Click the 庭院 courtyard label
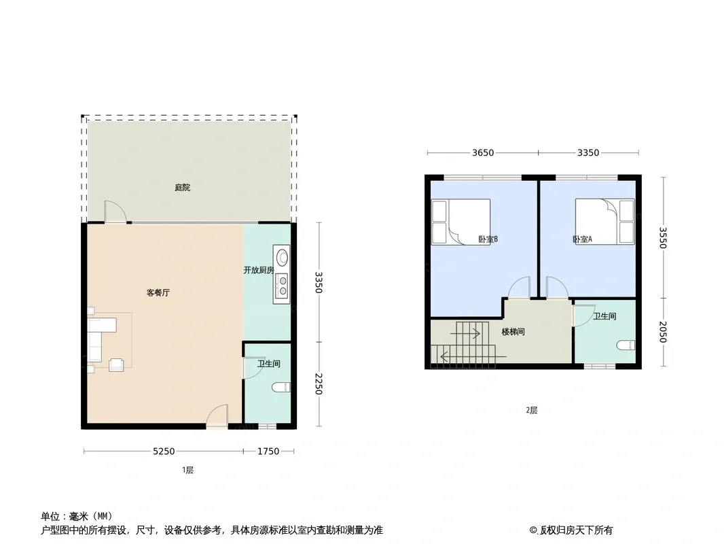(x=183, y=188)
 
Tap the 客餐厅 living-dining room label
(x=158, y=292)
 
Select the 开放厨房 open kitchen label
(x=259, y=270)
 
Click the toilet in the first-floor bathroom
(x=281, y=387)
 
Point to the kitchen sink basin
(x=281, y=257)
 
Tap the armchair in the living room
(x=116, y=364)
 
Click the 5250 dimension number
(x=164, y=451)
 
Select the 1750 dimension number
(x=268, y=451)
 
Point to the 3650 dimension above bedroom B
(x=483, y=152)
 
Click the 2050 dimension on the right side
(x=663, y=332)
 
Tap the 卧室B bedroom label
(x=488, y=239)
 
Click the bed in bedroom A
(x=604, y=222)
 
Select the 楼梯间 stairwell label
(x=513, y=332)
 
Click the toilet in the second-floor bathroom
(x=626, y=345)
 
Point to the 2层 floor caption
(x=532, y=410)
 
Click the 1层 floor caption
(x=187, y=470)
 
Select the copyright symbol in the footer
(x=533, y=530)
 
